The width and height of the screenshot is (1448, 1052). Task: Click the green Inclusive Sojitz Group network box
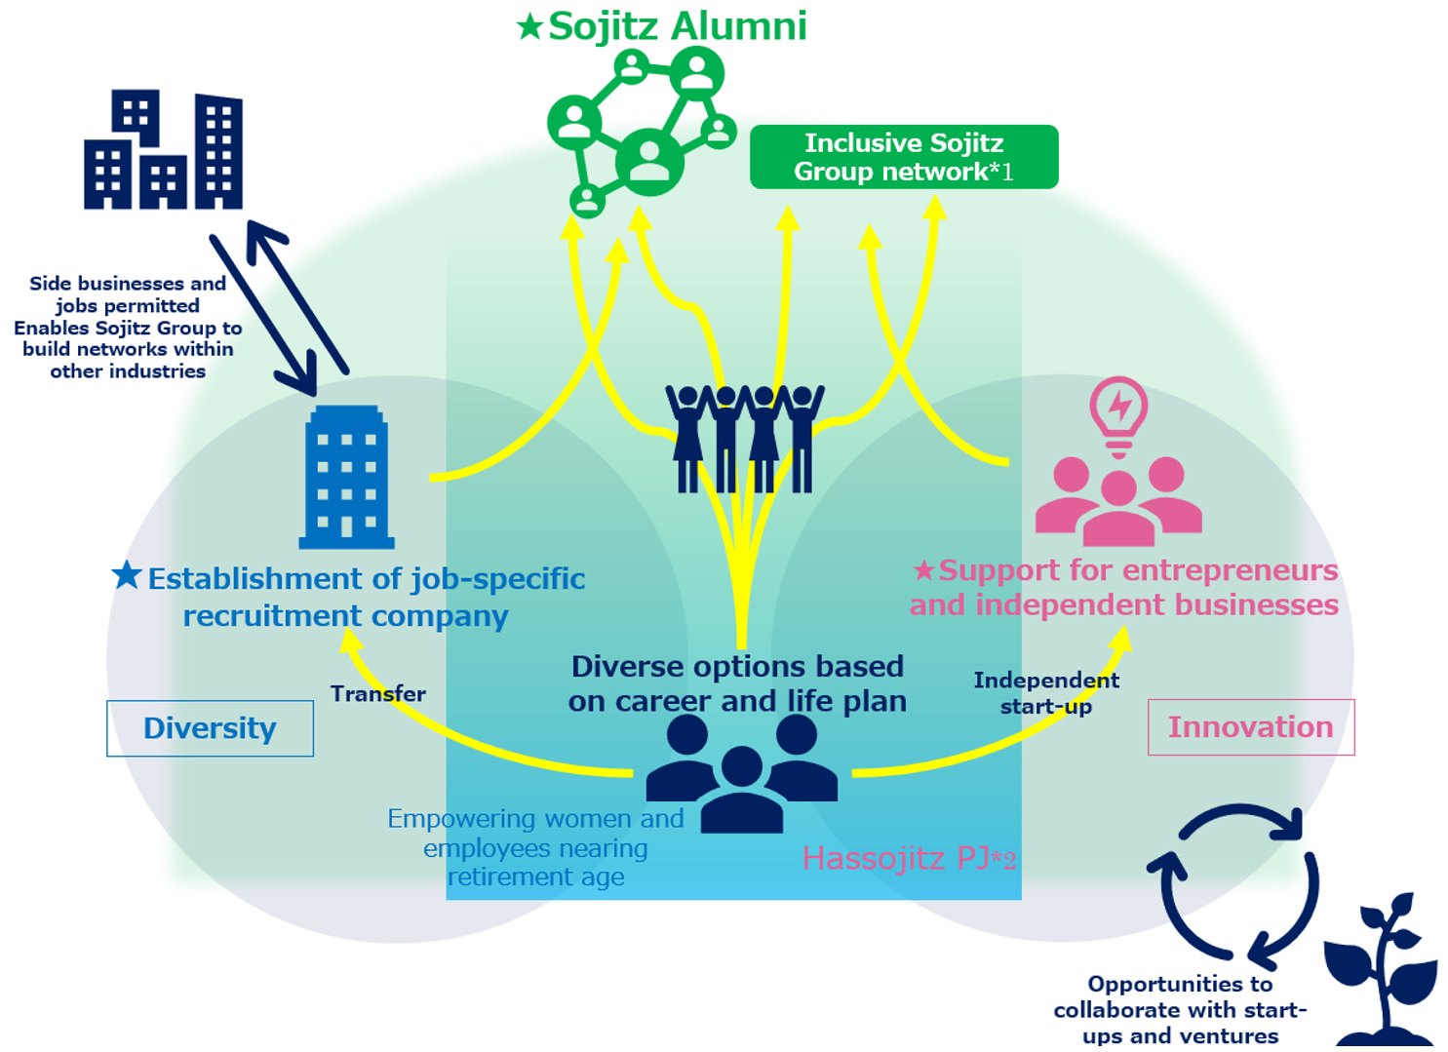[903, 157]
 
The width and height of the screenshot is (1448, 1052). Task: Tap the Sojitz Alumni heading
[677, 26]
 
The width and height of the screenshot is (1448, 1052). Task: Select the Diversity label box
[210, 728]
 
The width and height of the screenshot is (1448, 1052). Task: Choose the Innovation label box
[1250, 727]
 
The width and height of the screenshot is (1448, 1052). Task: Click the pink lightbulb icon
[1118, 415]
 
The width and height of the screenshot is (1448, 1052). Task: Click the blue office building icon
[347, 477]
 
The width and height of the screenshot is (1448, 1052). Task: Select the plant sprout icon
[1383, 971]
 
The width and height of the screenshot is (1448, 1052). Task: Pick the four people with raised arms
[745, 438]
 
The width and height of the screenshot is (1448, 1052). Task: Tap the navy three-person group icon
[741, 773]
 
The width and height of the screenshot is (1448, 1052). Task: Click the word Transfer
[377, 694]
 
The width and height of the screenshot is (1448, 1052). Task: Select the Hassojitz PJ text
[908, 858]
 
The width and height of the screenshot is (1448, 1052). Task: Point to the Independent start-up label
[1045, 692]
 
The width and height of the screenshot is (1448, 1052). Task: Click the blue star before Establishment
[127, 575]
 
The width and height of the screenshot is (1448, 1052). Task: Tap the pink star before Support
[923, 569]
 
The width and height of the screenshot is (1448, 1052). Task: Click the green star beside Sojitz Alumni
[529, 26]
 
